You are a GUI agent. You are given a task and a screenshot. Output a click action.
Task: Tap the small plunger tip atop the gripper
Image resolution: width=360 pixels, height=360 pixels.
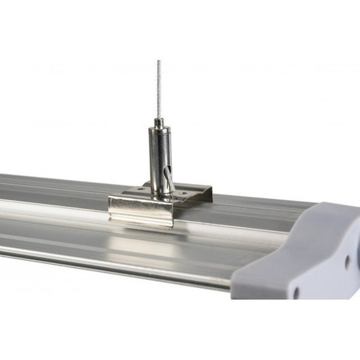[158, 120]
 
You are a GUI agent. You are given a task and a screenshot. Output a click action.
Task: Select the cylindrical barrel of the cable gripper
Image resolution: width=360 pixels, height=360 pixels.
[159, 156]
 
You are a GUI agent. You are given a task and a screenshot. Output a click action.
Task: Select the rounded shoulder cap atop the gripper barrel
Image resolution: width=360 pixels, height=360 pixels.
[158, 128]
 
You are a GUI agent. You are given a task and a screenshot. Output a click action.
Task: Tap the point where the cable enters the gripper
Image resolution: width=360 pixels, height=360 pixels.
[158, 117]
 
